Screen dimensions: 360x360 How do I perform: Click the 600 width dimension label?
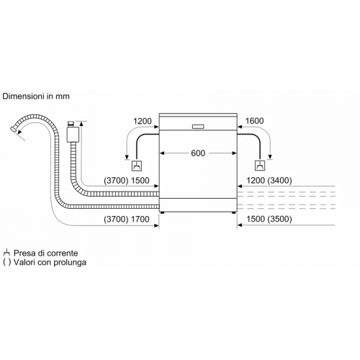point(198,153)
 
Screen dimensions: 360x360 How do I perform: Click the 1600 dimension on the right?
point(254,121)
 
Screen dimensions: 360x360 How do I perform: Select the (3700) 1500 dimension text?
point(127,181)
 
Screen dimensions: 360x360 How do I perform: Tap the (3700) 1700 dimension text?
point(127,219)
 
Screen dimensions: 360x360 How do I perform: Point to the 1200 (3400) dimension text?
point(269,181)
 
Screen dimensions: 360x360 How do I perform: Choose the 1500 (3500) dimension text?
point(269,219)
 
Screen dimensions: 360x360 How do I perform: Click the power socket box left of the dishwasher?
point(137,166)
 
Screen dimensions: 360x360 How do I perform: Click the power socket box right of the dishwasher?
point(260,166)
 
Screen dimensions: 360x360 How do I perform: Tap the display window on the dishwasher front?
point(198,127)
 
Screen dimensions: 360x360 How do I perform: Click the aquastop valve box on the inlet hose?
point(73,135)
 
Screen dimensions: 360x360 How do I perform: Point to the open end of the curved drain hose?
point(13,130)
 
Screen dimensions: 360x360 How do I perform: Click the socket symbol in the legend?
point(6,253)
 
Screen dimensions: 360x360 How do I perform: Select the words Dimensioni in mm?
point(36,96)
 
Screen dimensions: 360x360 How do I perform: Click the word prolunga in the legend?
point(70,262)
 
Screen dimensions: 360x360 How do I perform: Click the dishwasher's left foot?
point(163,212)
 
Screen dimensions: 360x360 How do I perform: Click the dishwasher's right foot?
point(234,212)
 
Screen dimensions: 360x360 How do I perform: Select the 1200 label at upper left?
point(143,121)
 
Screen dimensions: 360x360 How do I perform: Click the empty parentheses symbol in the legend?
point(7,262)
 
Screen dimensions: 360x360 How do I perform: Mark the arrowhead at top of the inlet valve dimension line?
point(81,124)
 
